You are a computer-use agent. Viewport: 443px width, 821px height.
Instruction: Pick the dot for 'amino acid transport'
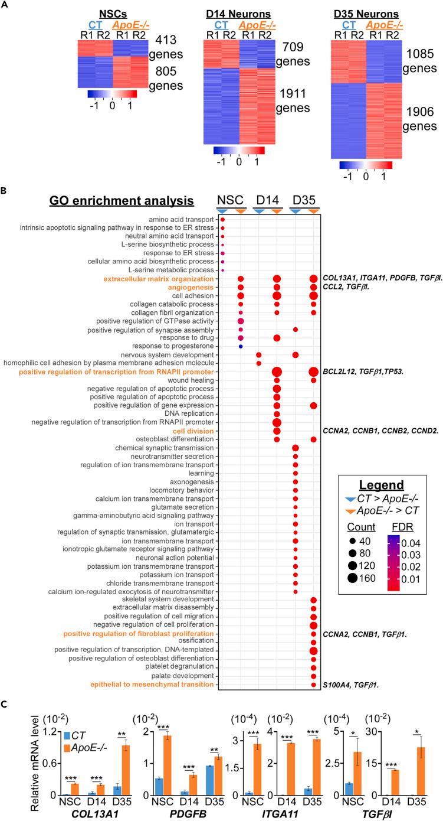pyautogui.click(x=223, y=220)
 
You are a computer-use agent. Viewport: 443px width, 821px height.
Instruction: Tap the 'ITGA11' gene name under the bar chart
pyautogui.click(x=280, y=812)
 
